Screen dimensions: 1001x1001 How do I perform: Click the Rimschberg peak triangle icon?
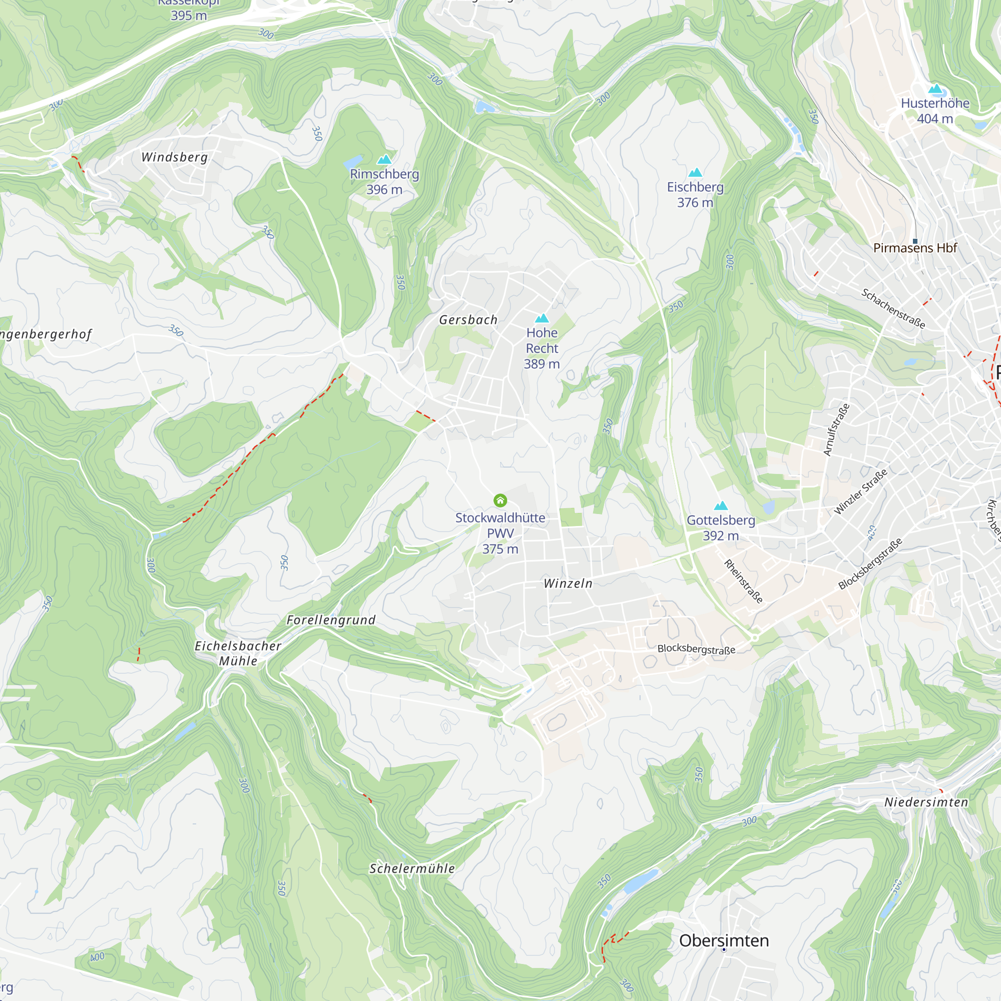(x=384, y=159)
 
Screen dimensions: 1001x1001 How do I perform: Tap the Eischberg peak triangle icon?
(x=695, y=172)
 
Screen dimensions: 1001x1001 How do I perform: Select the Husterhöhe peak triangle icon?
(x=935, y=89)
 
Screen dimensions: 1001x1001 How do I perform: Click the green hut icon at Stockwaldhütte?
(x=500, y=500)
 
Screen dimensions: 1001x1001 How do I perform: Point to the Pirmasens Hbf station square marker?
(x=915, y=241)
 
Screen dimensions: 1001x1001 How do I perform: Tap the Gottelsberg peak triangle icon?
(x=721, y=506)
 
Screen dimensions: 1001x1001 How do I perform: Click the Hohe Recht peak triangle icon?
(x=542, y=318)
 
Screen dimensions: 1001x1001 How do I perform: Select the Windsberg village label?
(x=175, y=157)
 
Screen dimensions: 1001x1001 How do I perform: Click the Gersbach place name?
(x=468, y=320)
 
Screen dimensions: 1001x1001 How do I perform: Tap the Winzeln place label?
(x=568, y=584)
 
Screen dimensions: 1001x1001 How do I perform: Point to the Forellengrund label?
(x=331, y=620)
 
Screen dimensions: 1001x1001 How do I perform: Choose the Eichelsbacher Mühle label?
(x=238, y=653)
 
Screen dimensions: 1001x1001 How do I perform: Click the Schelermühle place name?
(x=412, y=869)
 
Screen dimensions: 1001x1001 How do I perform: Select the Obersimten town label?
(x=724, y=940)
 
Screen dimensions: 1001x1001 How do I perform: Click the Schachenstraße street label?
(x=893, y=309)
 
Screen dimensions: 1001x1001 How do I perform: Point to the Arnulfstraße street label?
(x=836, y=430)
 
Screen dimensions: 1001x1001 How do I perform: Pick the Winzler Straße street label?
(x=860, y=491)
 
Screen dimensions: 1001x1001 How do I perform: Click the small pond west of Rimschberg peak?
(x=354, y=162)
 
